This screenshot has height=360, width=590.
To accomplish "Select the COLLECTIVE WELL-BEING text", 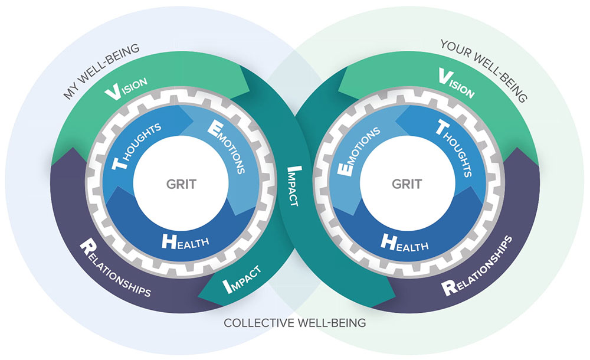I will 294,323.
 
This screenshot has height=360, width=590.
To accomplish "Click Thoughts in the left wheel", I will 137,146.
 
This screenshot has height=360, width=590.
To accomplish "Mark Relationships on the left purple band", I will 114,268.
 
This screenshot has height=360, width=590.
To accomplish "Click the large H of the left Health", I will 169,240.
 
